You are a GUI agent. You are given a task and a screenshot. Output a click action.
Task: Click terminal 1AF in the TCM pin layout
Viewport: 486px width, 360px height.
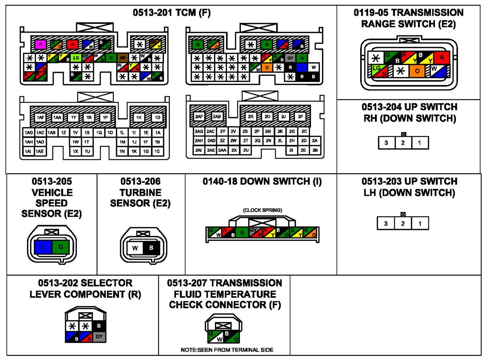pos(40,117)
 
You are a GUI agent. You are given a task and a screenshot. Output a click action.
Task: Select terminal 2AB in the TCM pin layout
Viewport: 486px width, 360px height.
pos(217,117)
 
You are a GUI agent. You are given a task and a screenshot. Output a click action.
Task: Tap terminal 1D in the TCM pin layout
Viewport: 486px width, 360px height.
pos(157,117)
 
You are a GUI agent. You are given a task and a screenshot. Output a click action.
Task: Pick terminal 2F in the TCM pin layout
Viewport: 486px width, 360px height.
pos(300,117)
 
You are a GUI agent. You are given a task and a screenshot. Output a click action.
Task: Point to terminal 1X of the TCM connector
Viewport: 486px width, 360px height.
pos(75,151)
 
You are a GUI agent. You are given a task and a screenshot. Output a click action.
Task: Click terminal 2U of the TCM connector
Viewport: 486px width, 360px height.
pos(246,150)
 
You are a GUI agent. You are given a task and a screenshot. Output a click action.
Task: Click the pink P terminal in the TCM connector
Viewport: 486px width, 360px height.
pos(40,45)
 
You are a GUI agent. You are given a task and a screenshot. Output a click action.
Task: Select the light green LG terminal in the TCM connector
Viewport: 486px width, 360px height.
pos(76,58)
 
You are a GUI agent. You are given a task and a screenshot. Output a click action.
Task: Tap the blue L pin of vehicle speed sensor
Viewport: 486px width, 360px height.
pos(43,247)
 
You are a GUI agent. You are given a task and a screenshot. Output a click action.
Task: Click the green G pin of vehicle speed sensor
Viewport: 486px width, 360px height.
pos(61,247)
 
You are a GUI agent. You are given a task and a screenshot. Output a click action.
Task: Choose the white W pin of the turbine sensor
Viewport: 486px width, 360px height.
pos(135,248)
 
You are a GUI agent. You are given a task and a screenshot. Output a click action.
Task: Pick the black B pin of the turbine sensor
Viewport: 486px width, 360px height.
pos(151,248)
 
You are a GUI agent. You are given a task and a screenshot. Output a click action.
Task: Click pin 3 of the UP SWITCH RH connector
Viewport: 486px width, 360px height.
pos(386,143)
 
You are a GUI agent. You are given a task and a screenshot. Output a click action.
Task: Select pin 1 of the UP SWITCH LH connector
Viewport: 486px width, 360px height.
pos(420,224)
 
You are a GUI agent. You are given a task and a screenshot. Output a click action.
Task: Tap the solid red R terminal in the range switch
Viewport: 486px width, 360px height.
pos(441,57)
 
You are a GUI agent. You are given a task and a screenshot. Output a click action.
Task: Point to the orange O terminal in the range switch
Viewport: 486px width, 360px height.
pos(417,71)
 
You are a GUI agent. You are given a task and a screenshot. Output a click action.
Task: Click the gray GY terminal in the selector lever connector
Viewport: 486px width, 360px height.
pos(99,337)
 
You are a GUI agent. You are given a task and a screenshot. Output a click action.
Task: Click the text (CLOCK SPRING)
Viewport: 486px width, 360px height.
pos(262,210)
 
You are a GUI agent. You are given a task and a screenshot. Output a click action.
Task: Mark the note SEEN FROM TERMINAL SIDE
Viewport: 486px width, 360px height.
pos(227,350)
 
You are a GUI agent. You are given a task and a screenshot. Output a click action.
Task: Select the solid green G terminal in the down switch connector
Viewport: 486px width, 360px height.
pos(242,233)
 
